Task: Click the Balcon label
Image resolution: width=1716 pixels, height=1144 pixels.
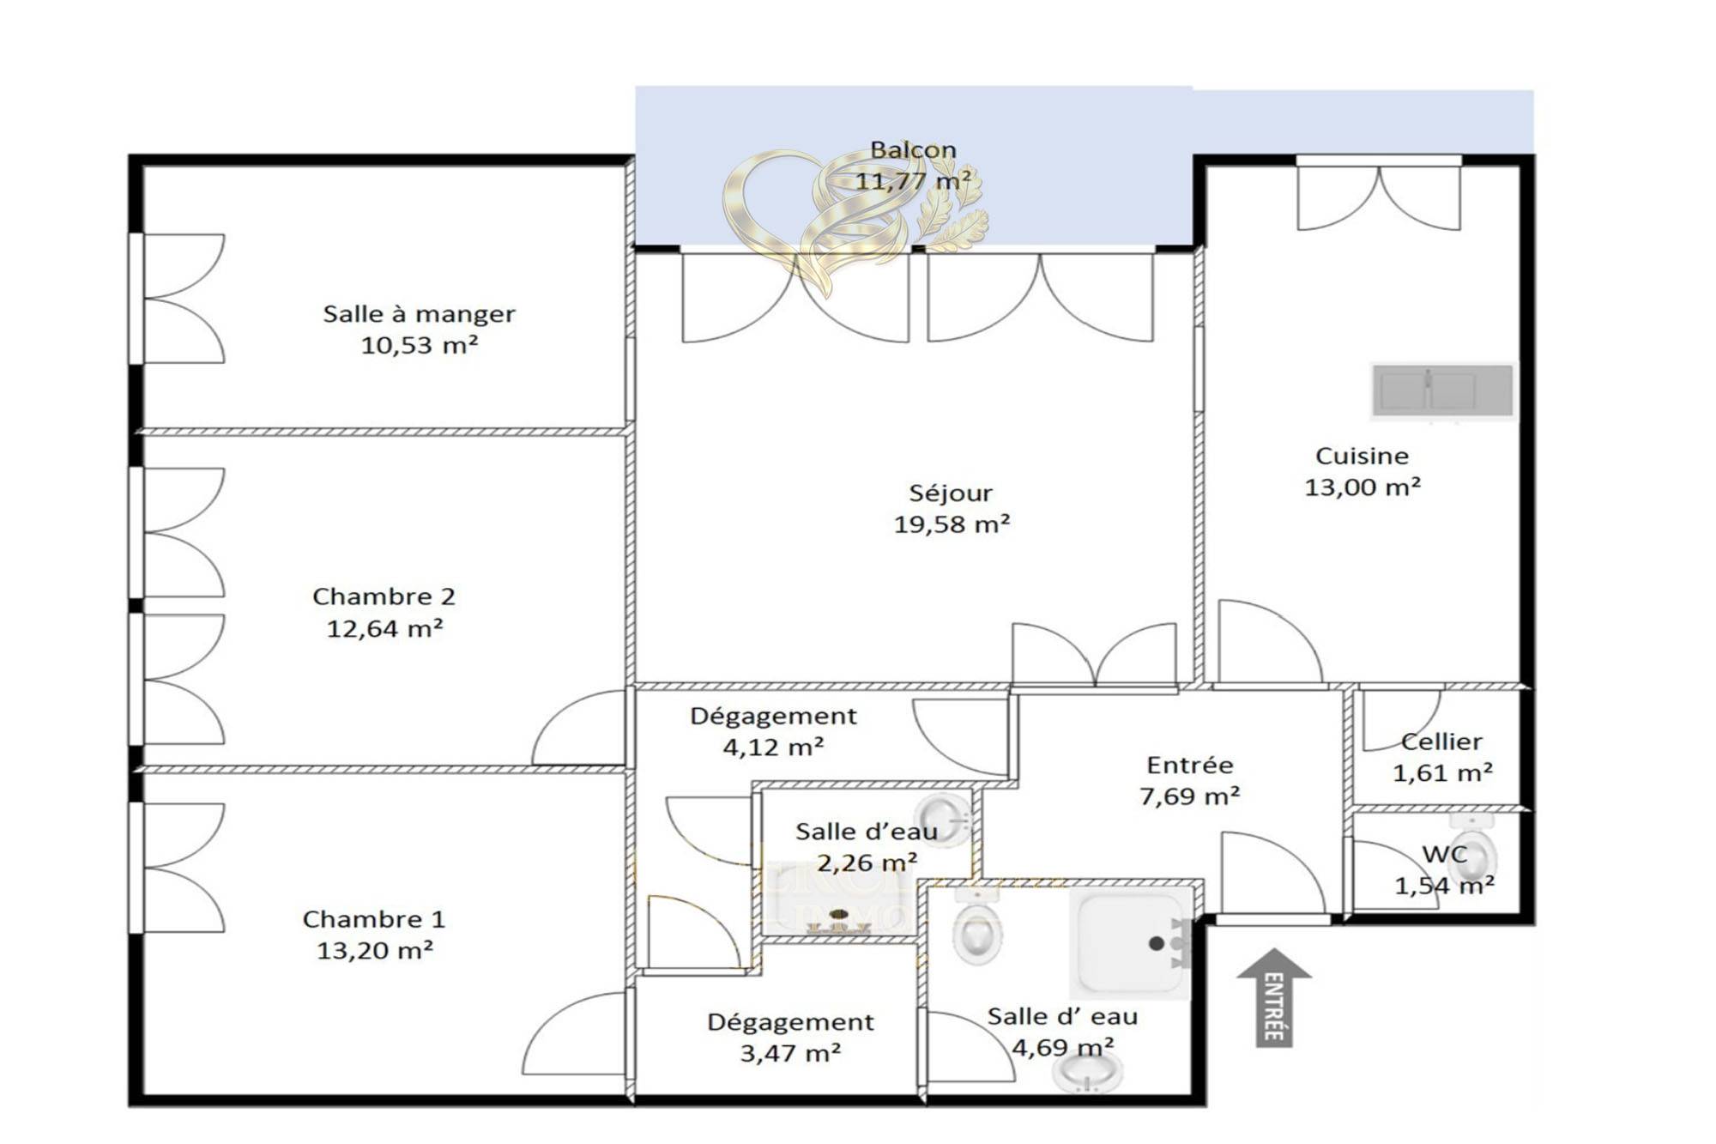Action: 913,149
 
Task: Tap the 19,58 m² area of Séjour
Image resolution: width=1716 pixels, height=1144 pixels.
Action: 952,524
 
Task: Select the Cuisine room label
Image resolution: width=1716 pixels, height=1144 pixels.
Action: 1362,456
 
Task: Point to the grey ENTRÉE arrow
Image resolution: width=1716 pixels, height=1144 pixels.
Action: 1274,997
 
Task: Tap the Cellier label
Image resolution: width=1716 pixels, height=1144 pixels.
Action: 1441,741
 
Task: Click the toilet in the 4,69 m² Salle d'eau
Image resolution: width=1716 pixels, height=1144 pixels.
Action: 978,927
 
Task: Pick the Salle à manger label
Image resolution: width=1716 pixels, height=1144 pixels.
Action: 419,314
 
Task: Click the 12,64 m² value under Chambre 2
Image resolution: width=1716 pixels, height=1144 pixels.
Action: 384,628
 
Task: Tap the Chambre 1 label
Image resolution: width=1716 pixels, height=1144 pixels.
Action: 374,919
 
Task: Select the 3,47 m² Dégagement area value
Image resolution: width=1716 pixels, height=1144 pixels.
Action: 790,1053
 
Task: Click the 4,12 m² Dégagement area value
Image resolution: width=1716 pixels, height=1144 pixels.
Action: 773,747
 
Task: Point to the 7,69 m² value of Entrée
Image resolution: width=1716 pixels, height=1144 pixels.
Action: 1189,796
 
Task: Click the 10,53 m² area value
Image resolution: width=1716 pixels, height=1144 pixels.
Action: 419,345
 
